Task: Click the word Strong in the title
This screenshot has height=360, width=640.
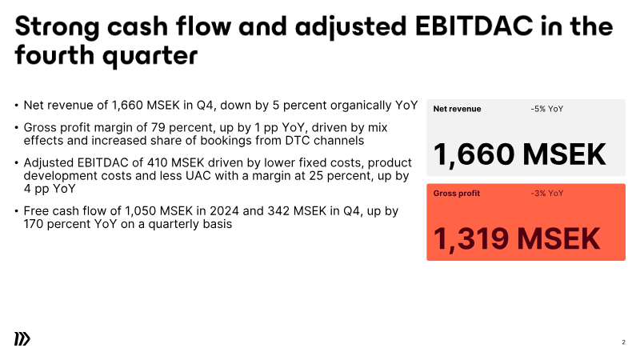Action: (57, 27)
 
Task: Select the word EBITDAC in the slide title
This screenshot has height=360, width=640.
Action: (474, 26)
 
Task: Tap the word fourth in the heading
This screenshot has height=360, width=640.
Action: (54, 54)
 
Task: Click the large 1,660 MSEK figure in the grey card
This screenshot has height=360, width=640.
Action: (519, 154)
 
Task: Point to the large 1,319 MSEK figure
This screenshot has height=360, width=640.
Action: (516, 239)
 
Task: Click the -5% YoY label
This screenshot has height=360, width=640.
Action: (547, 109)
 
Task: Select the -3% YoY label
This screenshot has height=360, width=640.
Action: (547, 194)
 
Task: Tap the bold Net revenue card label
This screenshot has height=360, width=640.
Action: (457, 109)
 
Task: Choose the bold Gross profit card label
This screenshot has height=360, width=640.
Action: (456, 194)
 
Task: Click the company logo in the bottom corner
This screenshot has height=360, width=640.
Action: (22, 338)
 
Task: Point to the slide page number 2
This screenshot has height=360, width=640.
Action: (623, 342)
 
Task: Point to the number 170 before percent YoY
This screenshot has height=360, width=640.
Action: (33, 224)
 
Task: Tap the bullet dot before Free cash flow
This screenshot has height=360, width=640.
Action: (16, 211)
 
